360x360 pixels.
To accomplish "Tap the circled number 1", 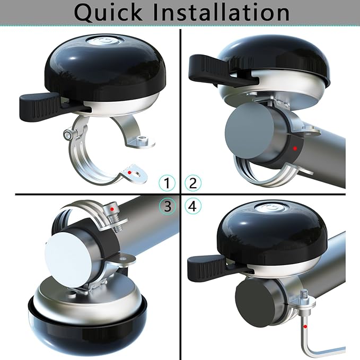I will point(168,183).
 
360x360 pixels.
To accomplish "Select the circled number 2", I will point(193,183).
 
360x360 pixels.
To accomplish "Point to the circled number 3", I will point(168,206).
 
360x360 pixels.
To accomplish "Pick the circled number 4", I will point(193,206).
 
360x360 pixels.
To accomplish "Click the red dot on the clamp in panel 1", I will point(129,173).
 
